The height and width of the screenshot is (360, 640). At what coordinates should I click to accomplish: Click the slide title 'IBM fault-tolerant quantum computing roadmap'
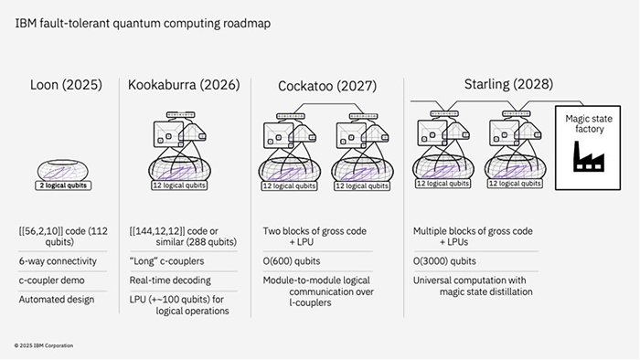(x=143, y=24)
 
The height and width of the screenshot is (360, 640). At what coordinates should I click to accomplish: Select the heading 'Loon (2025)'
(x=66, y=85)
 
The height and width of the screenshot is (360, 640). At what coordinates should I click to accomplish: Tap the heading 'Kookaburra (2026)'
(x=184, y=85)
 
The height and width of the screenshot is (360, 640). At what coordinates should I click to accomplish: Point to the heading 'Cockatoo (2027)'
(x=327, y=86)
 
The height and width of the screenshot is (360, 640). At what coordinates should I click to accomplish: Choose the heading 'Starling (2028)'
(x=508, y=84)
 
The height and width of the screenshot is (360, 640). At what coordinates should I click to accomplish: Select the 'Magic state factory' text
(x=589, y=124)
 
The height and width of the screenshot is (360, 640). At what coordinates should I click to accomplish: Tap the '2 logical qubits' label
(x=63, y=185)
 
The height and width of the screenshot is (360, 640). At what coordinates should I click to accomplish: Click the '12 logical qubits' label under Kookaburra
(x=179, y=185)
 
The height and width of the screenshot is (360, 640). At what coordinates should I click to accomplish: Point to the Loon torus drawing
(x=63, y=170)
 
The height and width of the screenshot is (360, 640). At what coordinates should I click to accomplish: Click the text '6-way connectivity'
(x=58, y=261)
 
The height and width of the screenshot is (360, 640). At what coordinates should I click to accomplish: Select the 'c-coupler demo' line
(x=51, y=281)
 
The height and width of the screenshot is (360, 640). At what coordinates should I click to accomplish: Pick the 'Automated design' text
(x=57, y=300)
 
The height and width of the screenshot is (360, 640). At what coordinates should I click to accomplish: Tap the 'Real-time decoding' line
(x=170, y=281)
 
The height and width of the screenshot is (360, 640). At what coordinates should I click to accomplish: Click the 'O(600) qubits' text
(x=292, y=261)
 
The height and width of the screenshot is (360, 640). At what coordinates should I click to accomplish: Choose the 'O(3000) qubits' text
(x=444, y=261)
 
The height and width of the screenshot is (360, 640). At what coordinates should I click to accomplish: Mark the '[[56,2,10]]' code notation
(x=41, y=231)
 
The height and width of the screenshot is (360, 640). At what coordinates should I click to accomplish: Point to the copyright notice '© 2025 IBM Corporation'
(x=44, y=345)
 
